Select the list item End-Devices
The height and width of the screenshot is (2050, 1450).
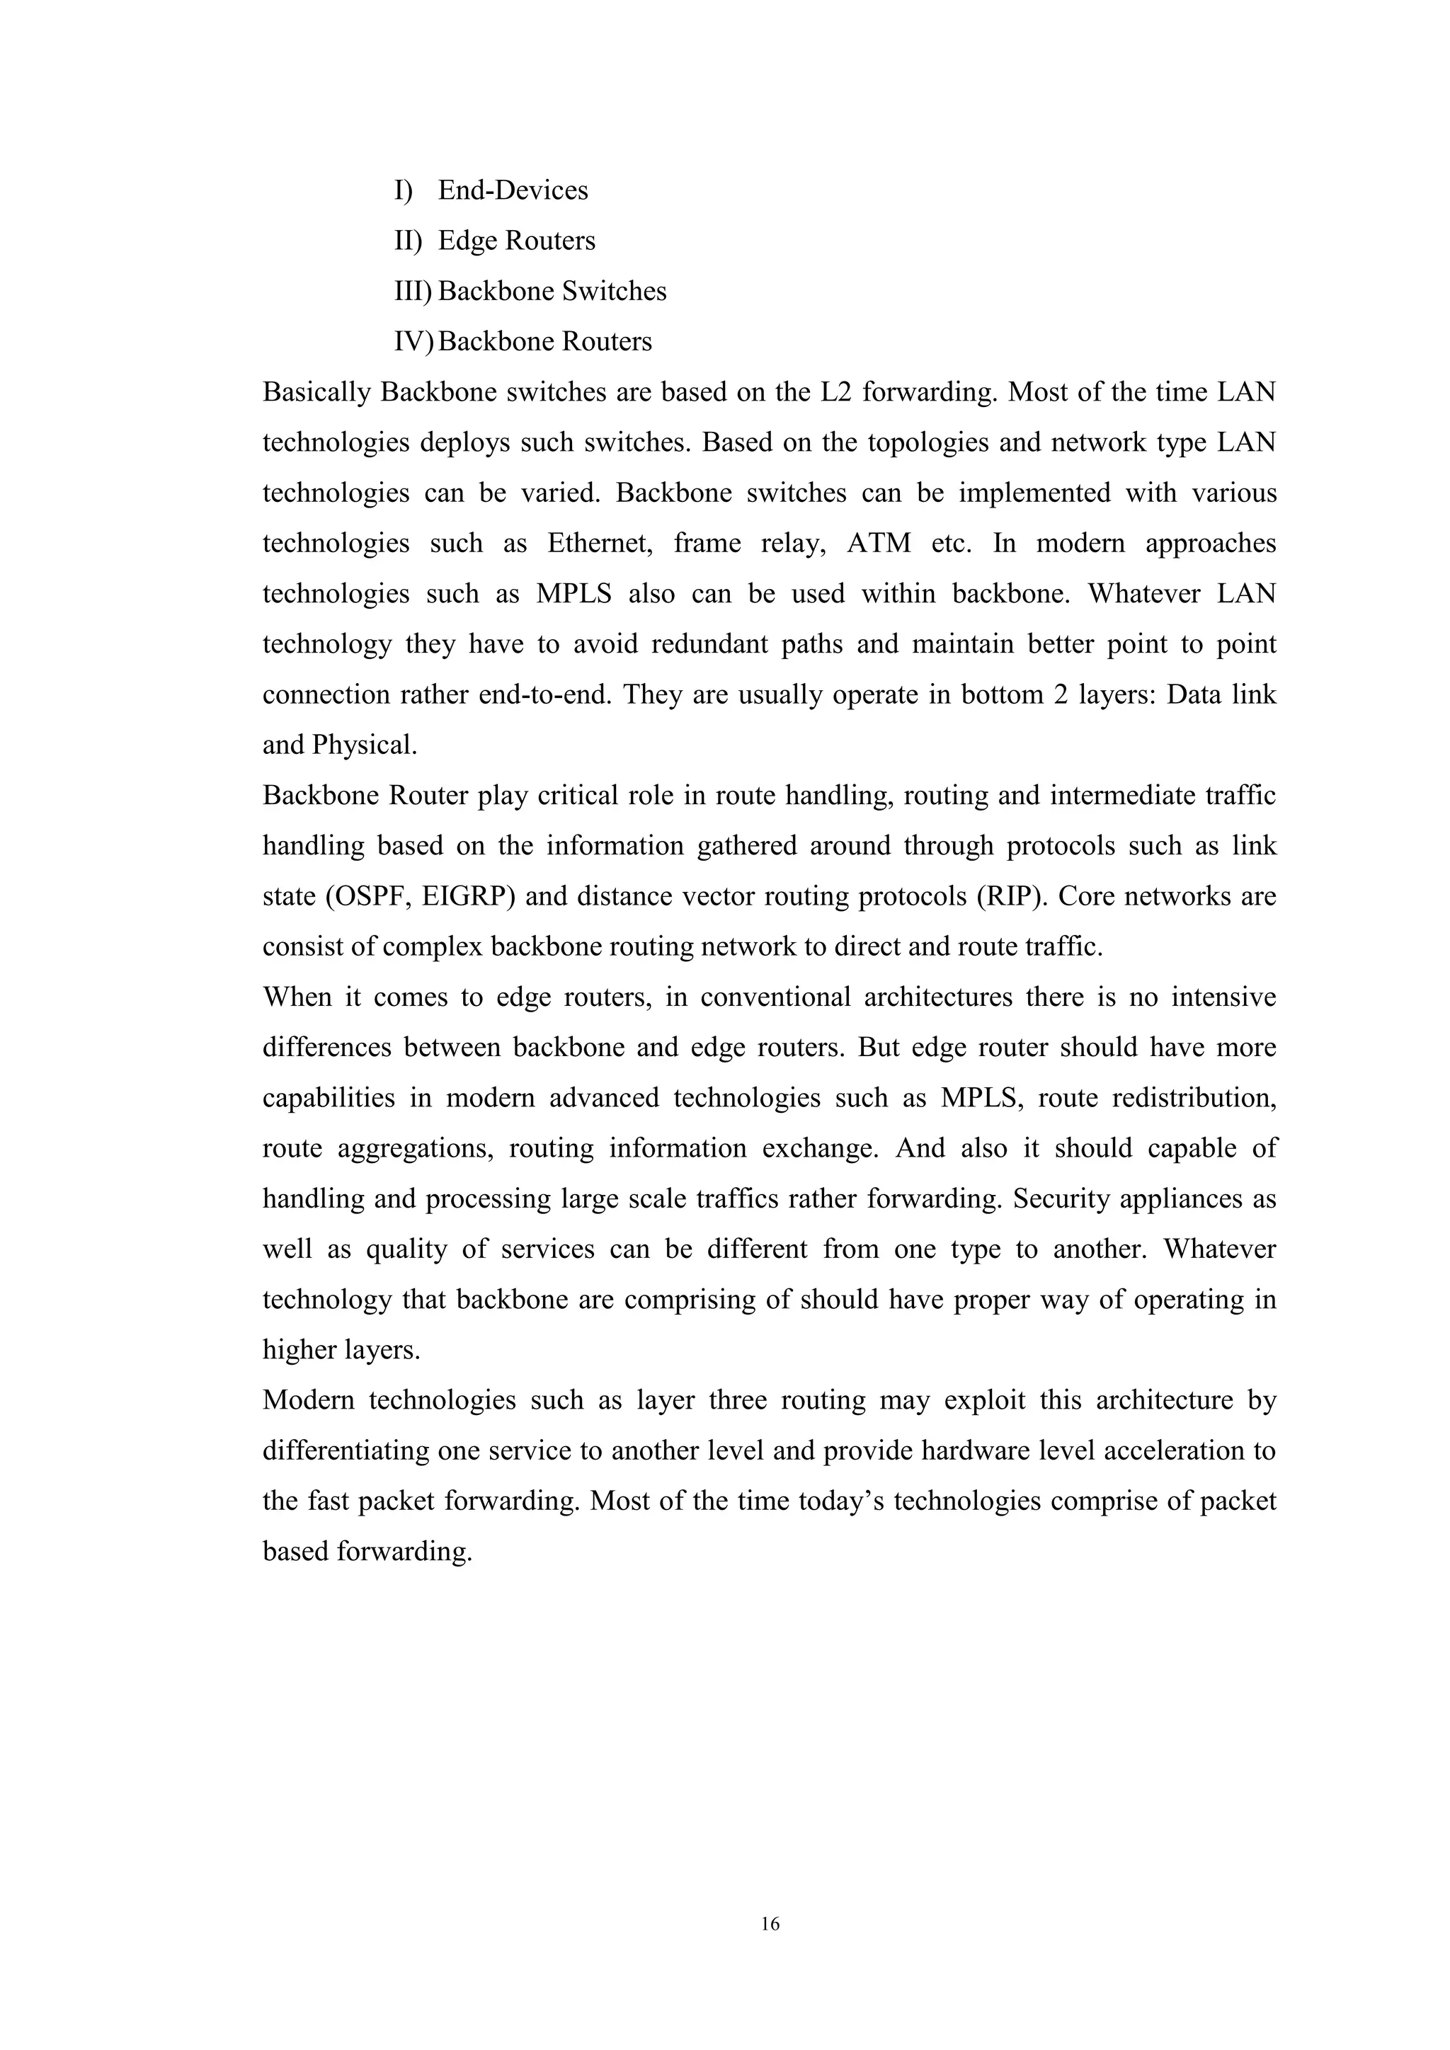pyautogui.click(x=513, y=190)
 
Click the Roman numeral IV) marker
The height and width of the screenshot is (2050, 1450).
pyautogui.click(x=413, y=341)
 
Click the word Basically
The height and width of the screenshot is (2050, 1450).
pyautogui.click(x=316, y=392)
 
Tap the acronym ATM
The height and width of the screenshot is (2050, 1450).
pyautogui.click(x=879, y=543)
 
